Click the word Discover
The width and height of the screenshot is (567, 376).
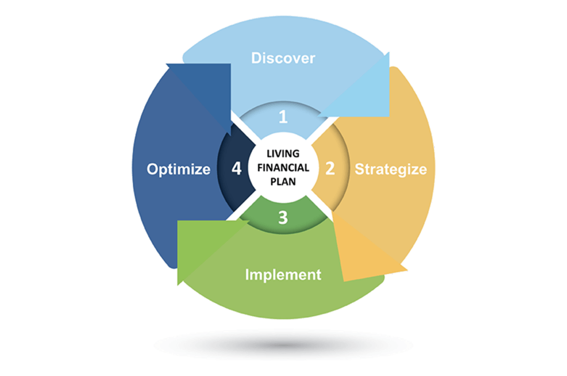tap(283, 58)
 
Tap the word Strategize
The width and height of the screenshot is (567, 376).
tap(390, 169)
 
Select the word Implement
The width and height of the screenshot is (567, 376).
tap(283, 274)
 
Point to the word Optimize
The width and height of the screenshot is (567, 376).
tap(178, 169)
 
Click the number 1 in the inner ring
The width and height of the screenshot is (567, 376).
tap(283, 117)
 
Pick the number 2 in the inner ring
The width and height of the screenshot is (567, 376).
tap(330, 168)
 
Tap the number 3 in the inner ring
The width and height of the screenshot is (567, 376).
tap(283, 217)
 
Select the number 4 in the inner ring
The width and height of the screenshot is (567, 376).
tap(236, 168)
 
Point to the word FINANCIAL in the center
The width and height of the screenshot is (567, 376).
tap(283, 167)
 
